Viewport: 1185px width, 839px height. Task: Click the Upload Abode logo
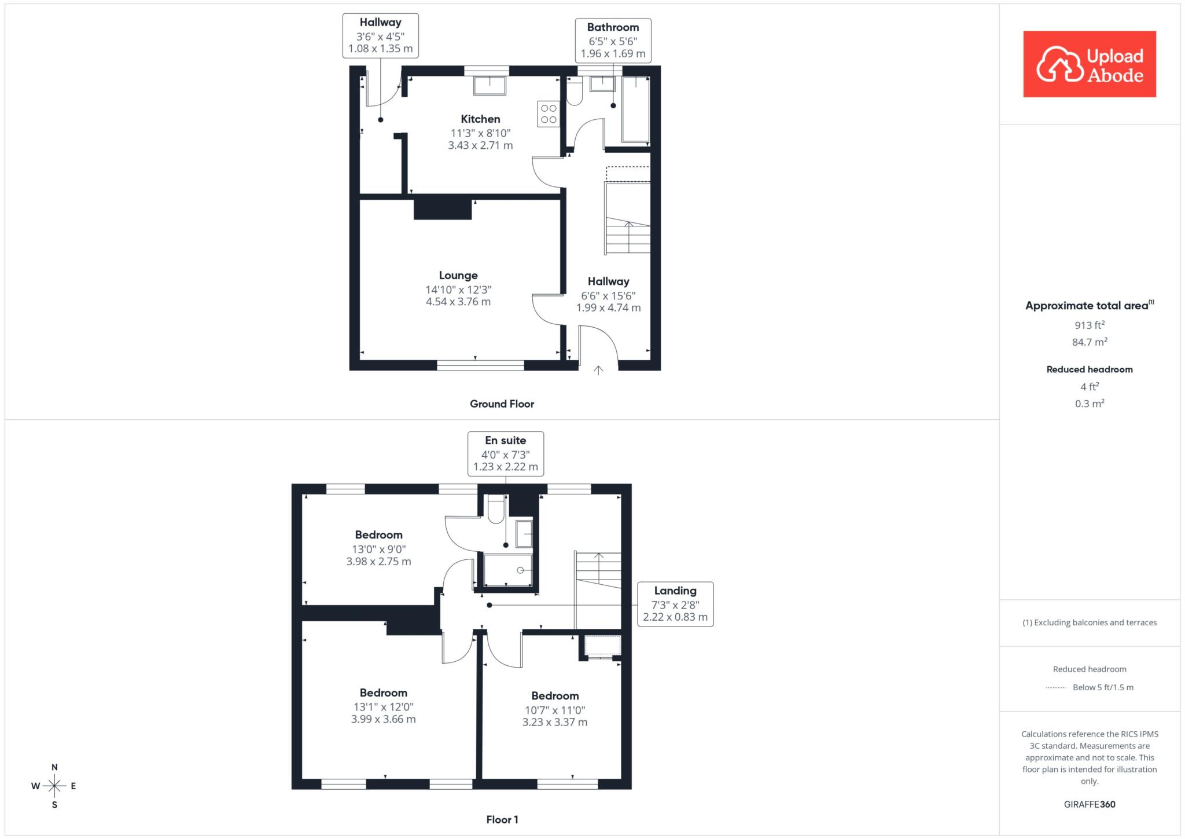pos(1090,64)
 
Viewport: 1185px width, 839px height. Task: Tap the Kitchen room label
pos(480,119)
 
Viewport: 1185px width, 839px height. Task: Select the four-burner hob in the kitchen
pos(549,113)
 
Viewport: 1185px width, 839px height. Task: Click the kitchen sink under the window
pos(490,85)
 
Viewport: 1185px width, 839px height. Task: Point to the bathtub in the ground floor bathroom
pos(635,109)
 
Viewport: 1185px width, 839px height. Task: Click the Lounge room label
pos(458,276)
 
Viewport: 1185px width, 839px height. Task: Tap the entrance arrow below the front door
pos(598,370)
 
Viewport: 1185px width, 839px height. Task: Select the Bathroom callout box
pos(613,41)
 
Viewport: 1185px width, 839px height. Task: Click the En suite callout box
pos(506,453)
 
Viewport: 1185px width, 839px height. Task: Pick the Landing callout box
pos(675,604)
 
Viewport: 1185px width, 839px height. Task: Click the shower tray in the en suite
pos(508,570)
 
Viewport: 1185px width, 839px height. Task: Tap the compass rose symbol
pos(54,786)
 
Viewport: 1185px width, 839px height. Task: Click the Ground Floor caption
pos(502,404)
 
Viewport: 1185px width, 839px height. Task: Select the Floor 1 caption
pos(502,819)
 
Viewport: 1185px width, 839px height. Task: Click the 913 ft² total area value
pos(1090,325)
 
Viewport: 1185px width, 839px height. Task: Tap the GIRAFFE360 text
pos(1090,804)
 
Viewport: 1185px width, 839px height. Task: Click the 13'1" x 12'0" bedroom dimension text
pos(384,707)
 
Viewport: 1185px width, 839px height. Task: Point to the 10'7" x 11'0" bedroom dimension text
pos(555,710)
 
